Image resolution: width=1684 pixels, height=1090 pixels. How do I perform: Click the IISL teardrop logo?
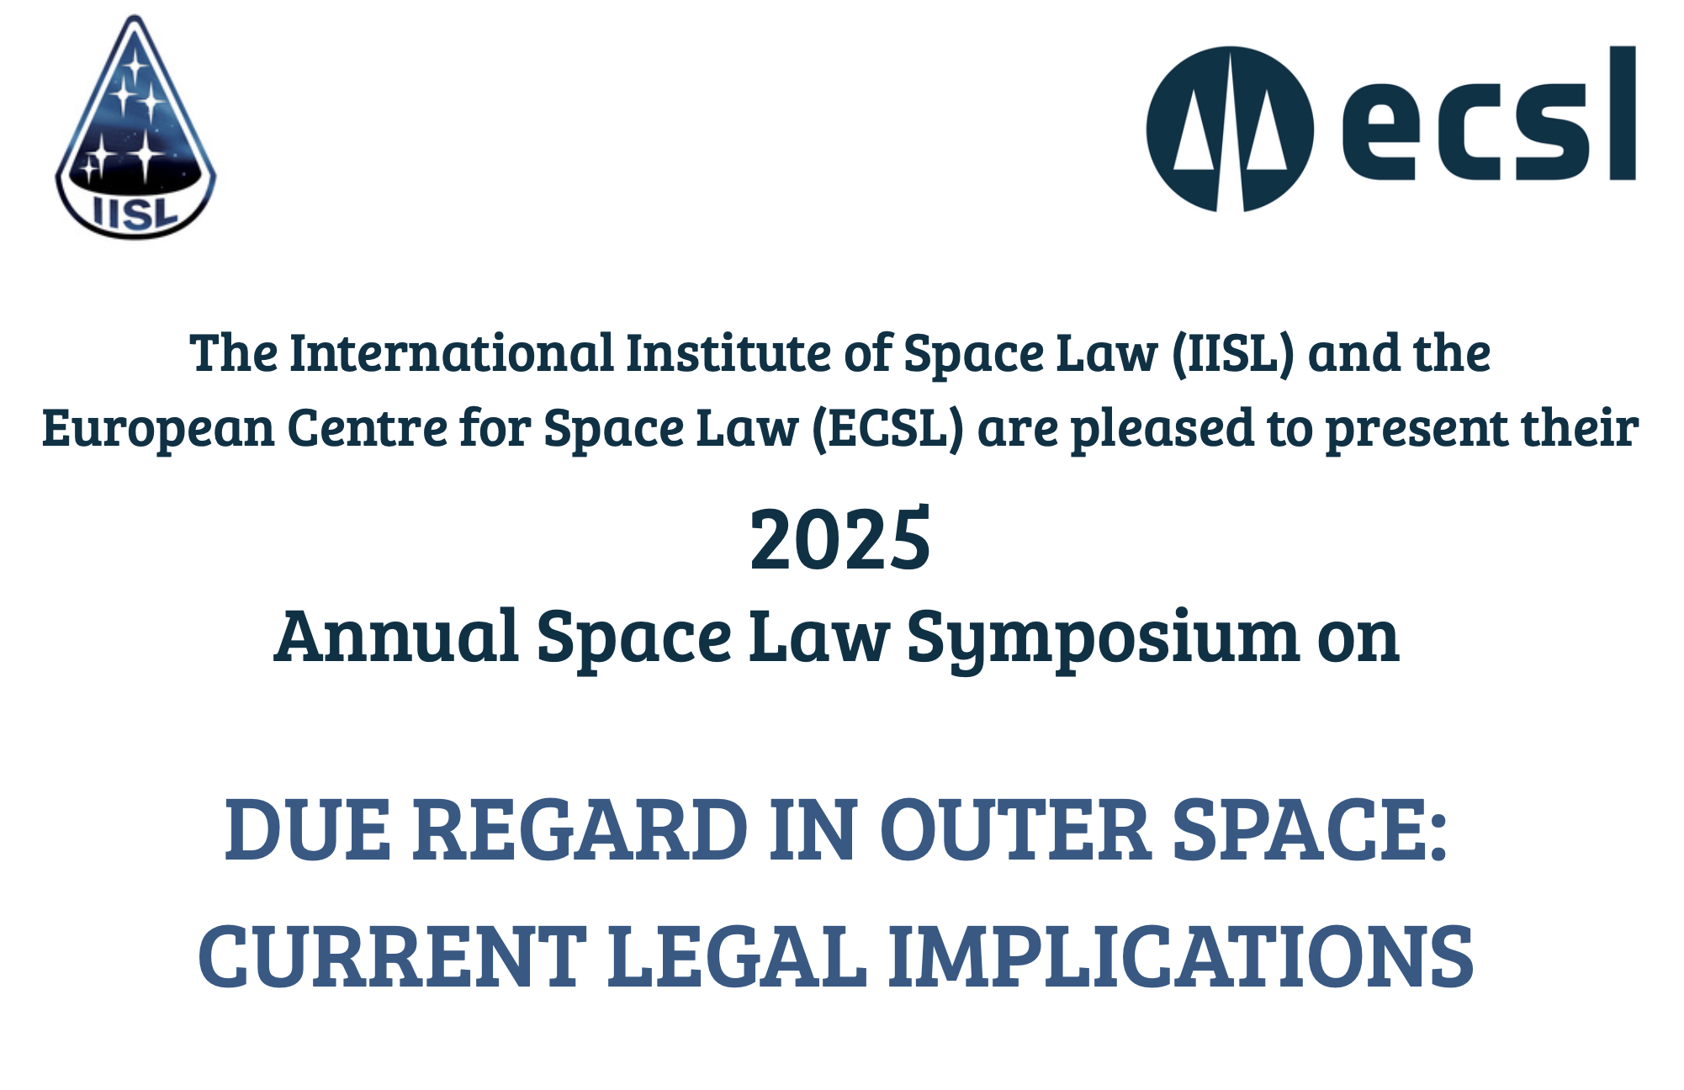(135, 127)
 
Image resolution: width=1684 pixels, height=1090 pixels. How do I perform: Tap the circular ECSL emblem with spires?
(1230, 129)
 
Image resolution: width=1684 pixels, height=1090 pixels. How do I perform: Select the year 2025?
(840, 539)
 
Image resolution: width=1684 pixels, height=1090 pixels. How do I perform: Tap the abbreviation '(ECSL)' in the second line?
(887, 429)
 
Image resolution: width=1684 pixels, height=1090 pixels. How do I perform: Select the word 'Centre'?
(368, 428)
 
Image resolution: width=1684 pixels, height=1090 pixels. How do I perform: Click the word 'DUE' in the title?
(308, 830)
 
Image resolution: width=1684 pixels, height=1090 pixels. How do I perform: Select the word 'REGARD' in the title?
(580, 830)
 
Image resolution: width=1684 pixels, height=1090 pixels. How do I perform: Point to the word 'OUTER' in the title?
(1015, 830)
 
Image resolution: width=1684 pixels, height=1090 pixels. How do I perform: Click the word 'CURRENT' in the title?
(392, 956)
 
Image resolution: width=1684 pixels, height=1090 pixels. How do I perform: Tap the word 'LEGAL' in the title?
(737, 956)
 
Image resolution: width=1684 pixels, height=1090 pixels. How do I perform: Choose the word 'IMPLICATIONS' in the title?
(1181, 956)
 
